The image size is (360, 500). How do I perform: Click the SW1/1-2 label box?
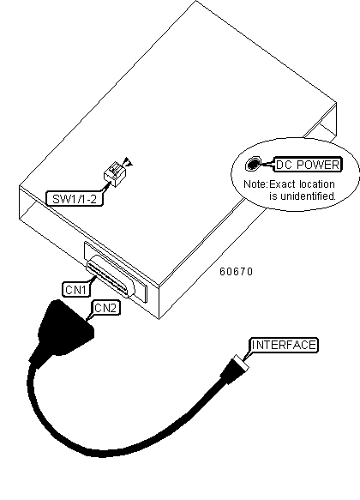[75, 199]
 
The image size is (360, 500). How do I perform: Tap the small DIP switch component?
[115, 174]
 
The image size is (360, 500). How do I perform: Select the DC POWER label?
[308, 165]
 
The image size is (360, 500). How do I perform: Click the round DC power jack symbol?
[253, 164]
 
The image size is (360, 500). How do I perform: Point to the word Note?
[255, 184]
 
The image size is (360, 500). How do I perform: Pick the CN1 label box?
[76, 290]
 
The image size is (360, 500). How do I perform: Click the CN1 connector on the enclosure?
[111, 276]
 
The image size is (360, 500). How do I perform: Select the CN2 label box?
[106, 308]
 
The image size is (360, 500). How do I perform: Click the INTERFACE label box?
[284, 345]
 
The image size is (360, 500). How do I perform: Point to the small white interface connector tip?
[241, 363]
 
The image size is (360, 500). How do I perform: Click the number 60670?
[236, 272]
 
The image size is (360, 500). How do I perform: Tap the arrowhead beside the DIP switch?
[129, 162]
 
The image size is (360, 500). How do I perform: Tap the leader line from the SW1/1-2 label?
[105, 187]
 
